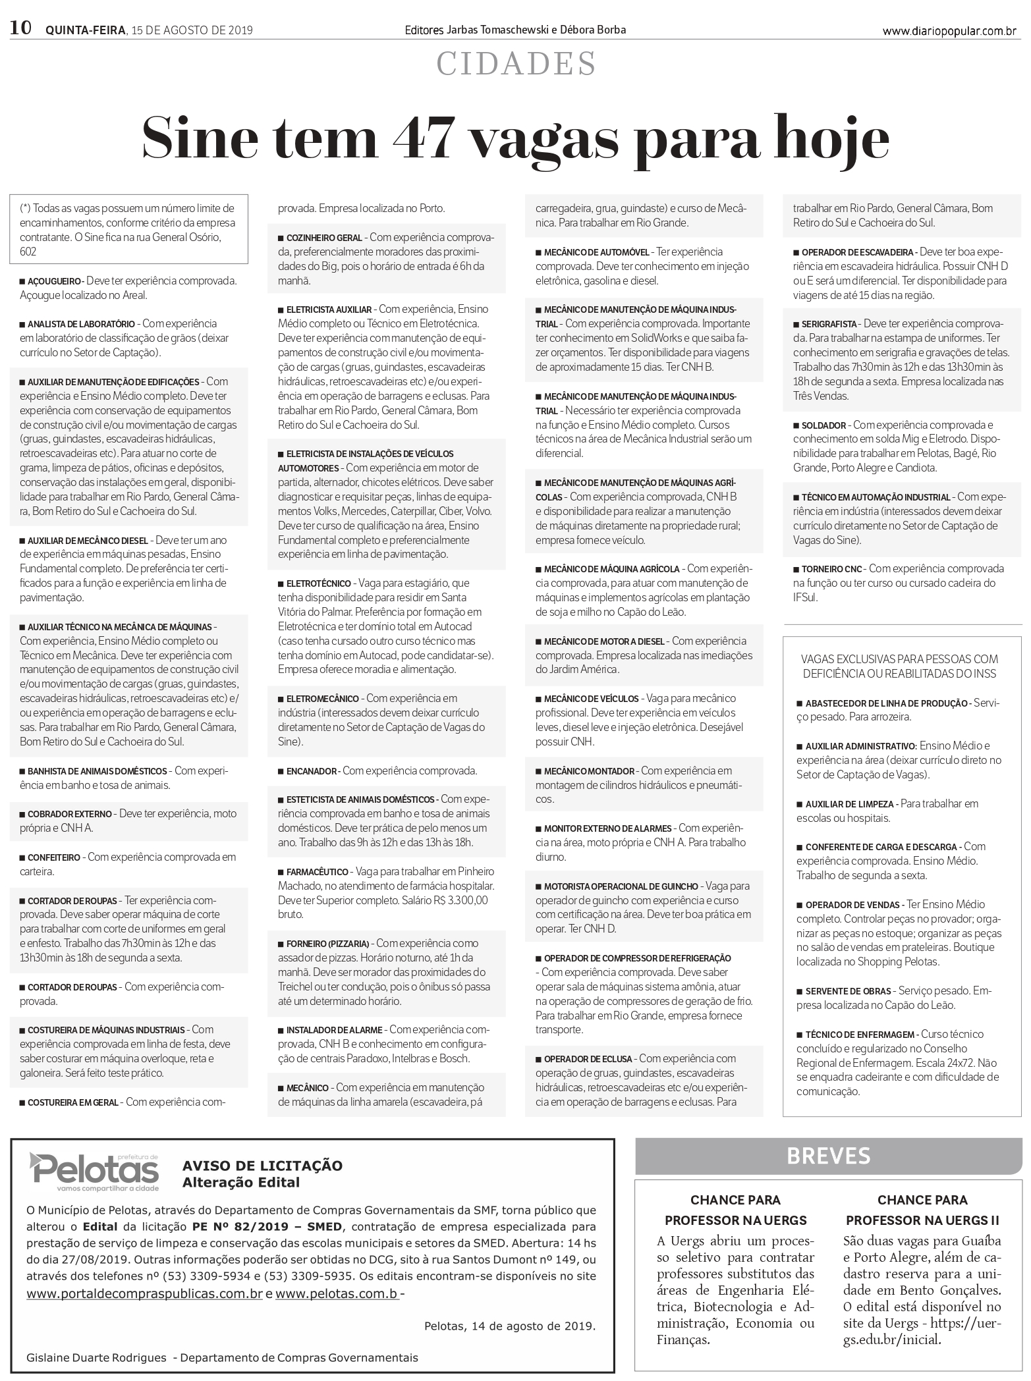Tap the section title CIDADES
516,65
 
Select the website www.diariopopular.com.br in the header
949,31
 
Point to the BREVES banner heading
828,1156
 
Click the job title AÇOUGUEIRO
54,281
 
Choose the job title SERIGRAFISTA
829,325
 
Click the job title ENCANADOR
312,771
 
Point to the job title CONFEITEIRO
53,858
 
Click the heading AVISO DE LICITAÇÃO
262,1166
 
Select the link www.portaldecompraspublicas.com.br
145,1293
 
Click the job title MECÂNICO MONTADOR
589,771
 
